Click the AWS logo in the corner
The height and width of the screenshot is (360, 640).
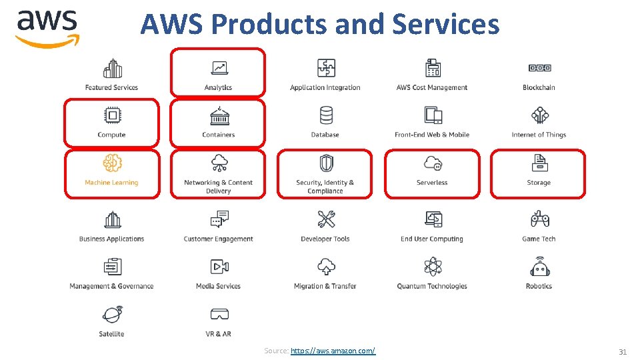point(47,28)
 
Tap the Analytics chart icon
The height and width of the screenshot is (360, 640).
point(219,68)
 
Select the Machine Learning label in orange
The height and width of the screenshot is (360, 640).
point(111,183)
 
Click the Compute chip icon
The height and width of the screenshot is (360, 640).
point(112,116)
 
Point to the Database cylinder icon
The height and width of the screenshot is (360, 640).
point(326,116)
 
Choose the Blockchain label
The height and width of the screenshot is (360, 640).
point(539,87)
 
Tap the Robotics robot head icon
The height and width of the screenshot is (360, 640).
point(539,267)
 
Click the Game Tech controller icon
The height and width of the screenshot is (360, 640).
point(539,219)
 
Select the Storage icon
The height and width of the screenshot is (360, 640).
point(539,163)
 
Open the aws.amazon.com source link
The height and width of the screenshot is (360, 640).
point(333,351)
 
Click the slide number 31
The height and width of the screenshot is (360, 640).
point(623,351)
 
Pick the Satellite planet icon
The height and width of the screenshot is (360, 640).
point(112,315)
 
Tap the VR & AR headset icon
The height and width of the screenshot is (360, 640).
point(219,315)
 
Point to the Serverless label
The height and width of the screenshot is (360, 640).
point(432,183)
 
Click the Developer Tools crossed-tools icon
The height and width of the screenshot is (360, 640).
point(326,219)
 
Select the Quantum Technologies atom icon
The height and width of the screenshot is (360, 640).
point(432,267)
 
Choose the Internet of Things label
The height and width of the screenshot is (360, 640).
point(539,135)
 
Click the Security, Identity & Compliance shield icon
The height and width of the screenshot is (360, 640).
point(326,163)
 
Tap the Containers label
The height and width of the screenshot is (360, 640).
point(219,135)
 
